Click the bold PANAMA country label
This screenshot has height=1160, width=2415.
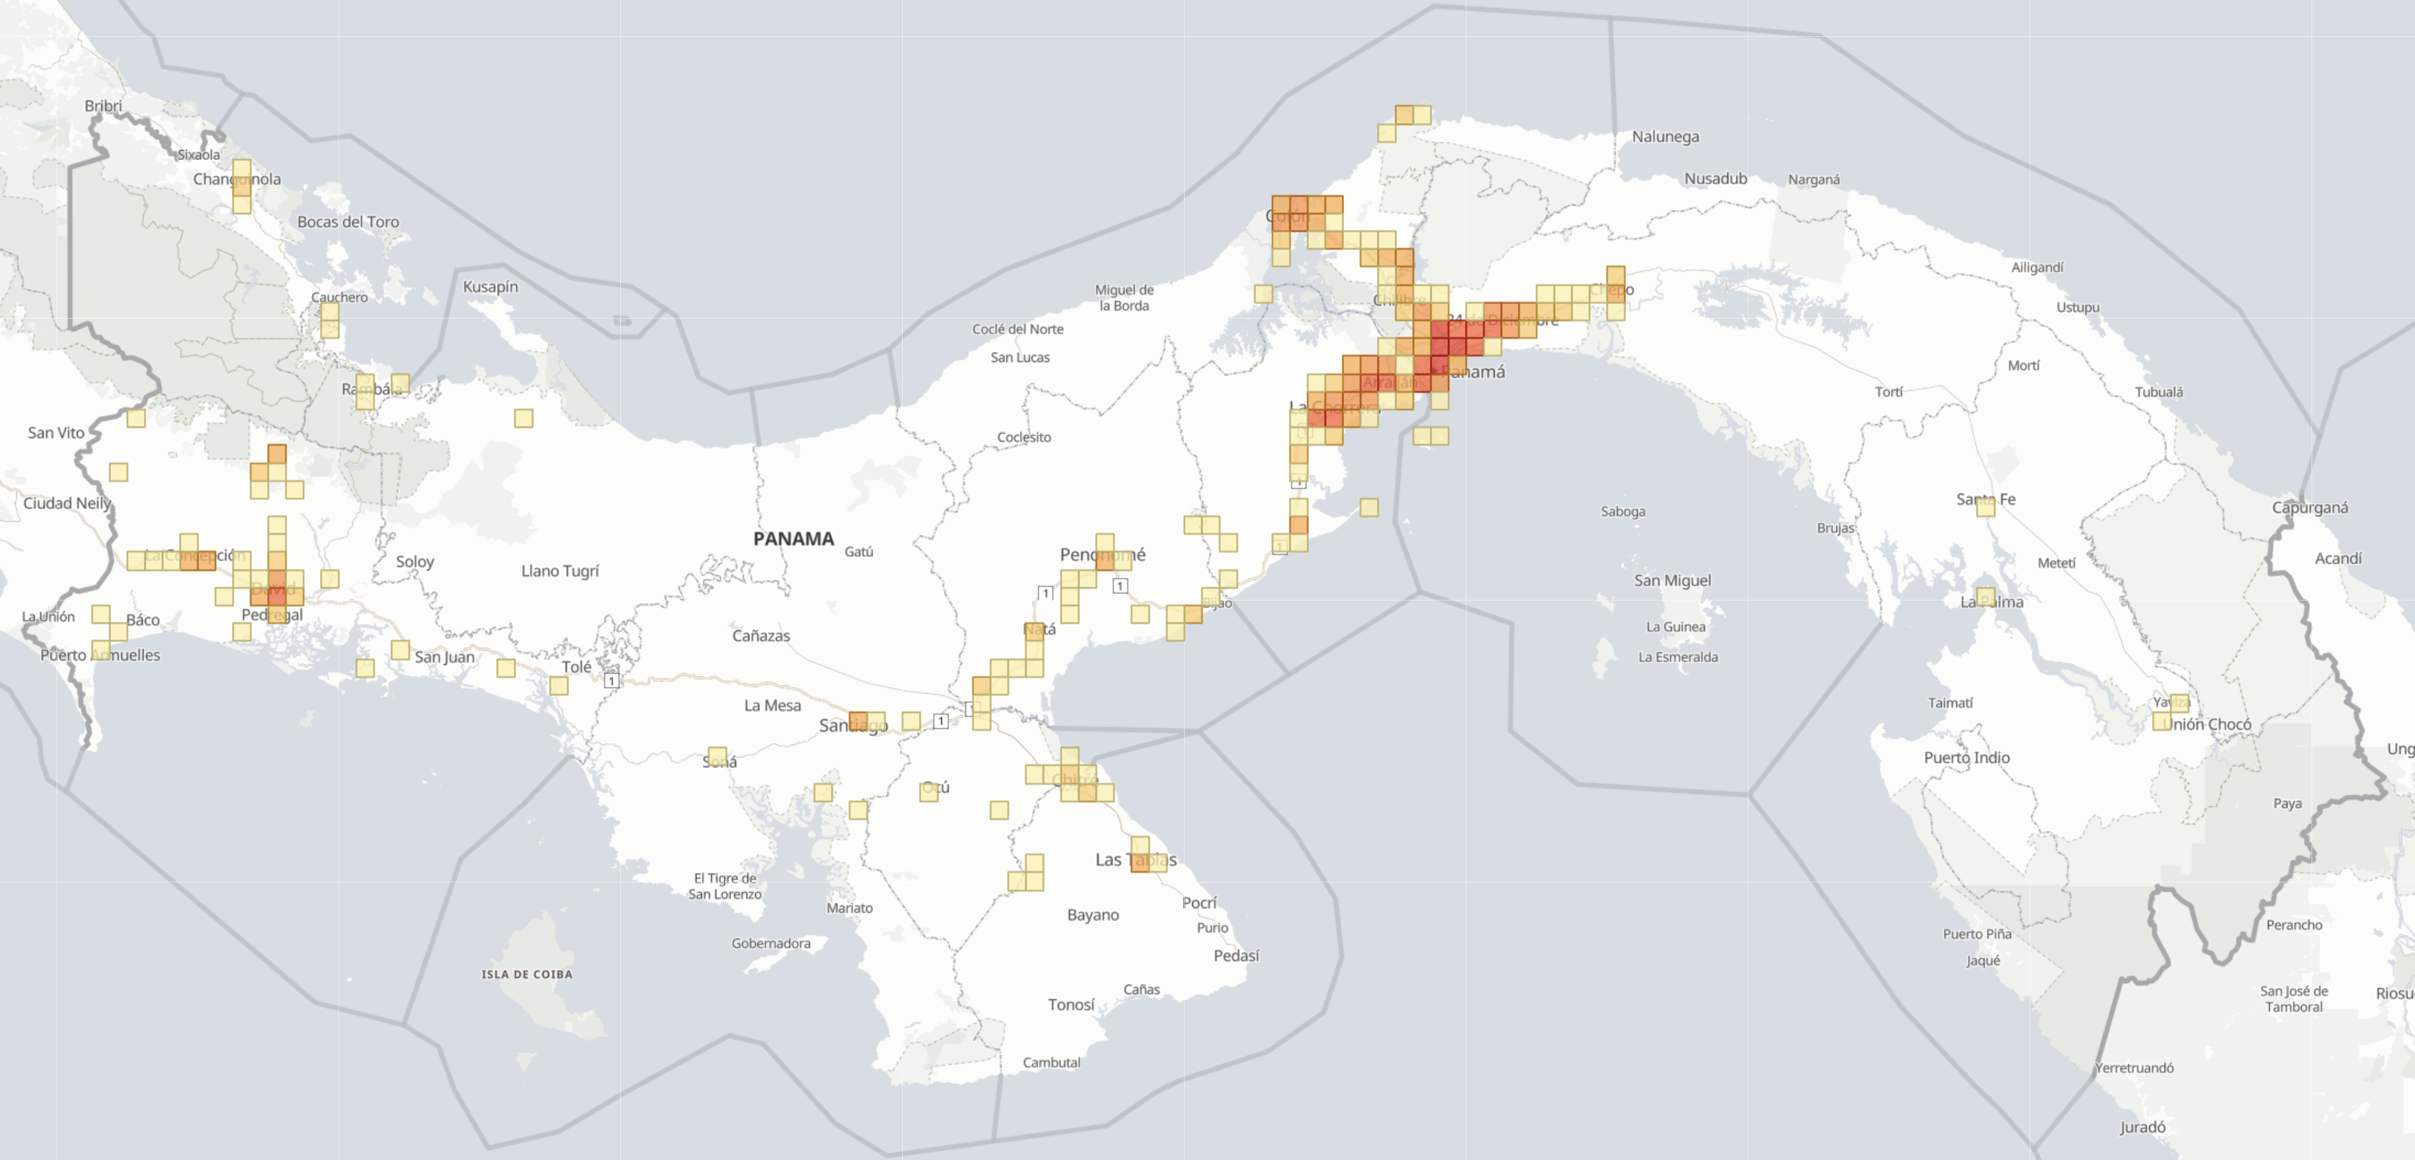pos(793,538)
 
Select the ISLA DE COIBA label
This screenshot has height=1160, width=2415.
pos(527,974)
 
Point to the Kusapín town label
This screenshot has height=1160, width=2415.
pos(490,287)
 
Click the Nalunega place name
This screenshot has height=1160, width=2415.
pos(1665,137)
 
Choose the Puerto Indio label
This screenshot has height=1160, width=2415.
pos(1966,758)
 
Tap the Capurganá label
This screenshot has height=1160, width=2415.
pos(2310,508)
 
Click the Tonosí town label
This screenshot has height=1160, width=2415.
pos(1071,1005)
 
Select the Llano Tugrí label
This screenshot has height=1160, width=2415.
pos(559,571)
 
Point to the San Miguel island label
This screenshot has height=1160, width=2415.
pos(1672,581)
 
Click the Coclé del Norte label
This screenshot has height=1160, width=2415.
pos(1017,329)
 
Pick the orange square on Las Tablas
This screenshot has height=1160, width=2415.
pos(1139,863)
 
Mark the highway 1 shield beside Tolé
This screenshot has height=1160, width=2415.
pos(611,681)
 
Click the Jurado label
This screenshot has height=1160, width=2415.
pos(2142,1127)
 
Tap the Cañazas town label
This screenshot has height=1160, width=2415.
pos(760,636)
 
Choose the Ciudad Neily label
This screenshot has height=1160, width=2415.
pos(67,504)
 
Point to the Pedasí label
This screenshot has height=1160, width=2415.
pos(1235,956)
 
